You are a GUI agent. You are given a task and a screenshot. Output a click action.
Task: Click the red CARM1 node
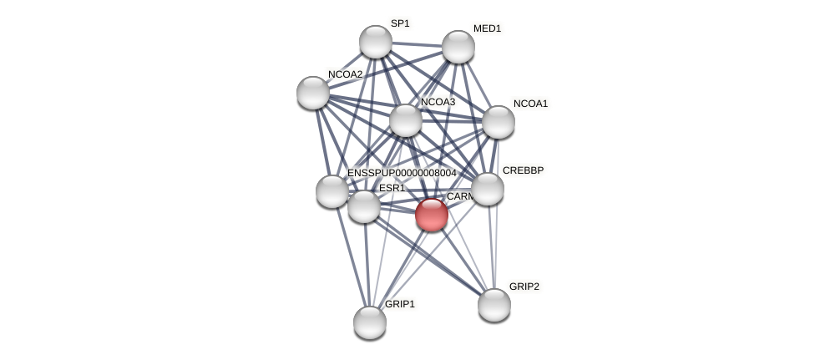point(432,215)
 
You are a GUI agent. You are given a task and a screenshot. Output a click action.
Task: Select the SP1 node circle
point(376,42)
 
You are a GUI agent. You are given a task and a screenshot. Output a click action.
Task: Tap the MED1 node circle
point(458,47)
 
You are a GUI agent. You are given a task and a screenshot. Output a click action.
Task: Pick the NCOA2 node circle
point(313,93)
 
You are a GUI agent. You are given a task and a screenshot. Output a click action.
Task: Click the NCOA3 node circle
point(406,120)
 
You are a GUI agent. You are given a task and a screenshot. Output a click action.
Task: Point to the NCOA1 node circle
point(499,122)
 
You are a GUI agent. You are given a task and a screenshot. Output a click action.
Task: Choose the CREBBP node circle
point(488,189)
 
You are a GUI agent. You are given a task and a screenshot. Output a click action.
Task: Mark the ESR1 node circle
point(364,206)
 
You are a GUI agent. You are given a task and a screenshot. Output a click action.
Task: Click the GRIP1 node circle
point(370,322)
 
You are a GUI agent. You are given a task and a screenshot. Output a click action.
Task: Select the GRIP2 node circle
point(494,305)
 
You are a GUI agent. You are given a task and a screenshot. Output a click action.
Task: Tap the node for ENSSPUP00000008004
point(332,191)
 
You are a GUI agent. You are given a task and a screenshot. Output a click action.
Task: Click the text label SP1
point(400,23)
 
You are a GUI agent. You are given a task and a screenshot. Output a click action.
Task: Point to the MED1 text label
point(487,28)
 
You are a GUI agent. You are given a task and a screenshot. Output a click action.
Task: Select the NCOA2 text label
point(345,74)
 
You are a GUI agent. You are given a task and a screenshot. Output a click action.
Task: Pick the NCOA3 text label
point(438,102)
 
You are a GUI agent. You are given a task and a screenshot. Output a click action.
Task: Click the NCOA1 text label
point(530,104)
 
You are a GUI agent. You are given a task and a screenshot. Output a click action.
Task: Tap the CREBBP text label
point(523,170)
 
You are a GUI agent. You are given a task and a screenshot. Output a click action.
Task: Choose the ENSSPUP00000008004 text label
point(402,173)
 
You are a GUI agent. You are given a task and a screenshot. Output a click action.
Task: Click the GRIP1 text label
point(399,304)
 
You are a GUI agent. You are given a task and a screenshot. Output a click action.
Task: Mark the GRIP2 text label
point(524,286)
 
